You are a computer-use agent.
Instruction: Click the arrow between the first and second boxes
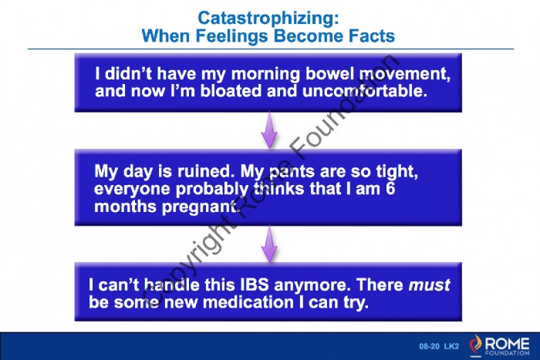tap(269, 130)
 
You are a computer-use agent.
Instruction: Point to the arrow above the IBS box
tap(269, 244)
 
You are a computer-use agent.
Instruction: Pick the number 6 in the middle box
tap(390, 189)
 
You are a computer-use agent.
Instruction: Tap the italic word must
tap(429, 285)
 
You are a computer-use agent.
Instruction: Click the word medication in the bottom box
tap(248, 302)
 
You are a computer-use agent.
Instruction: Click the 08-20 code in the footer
tap(429, 346)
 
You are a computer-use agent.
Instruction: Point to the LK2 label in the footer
tap(451, 346)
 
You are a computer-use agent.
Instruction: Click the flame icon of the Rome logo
tap(475, 345)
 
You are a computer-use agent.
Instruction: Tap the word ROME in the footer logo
tap(507, 343)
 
